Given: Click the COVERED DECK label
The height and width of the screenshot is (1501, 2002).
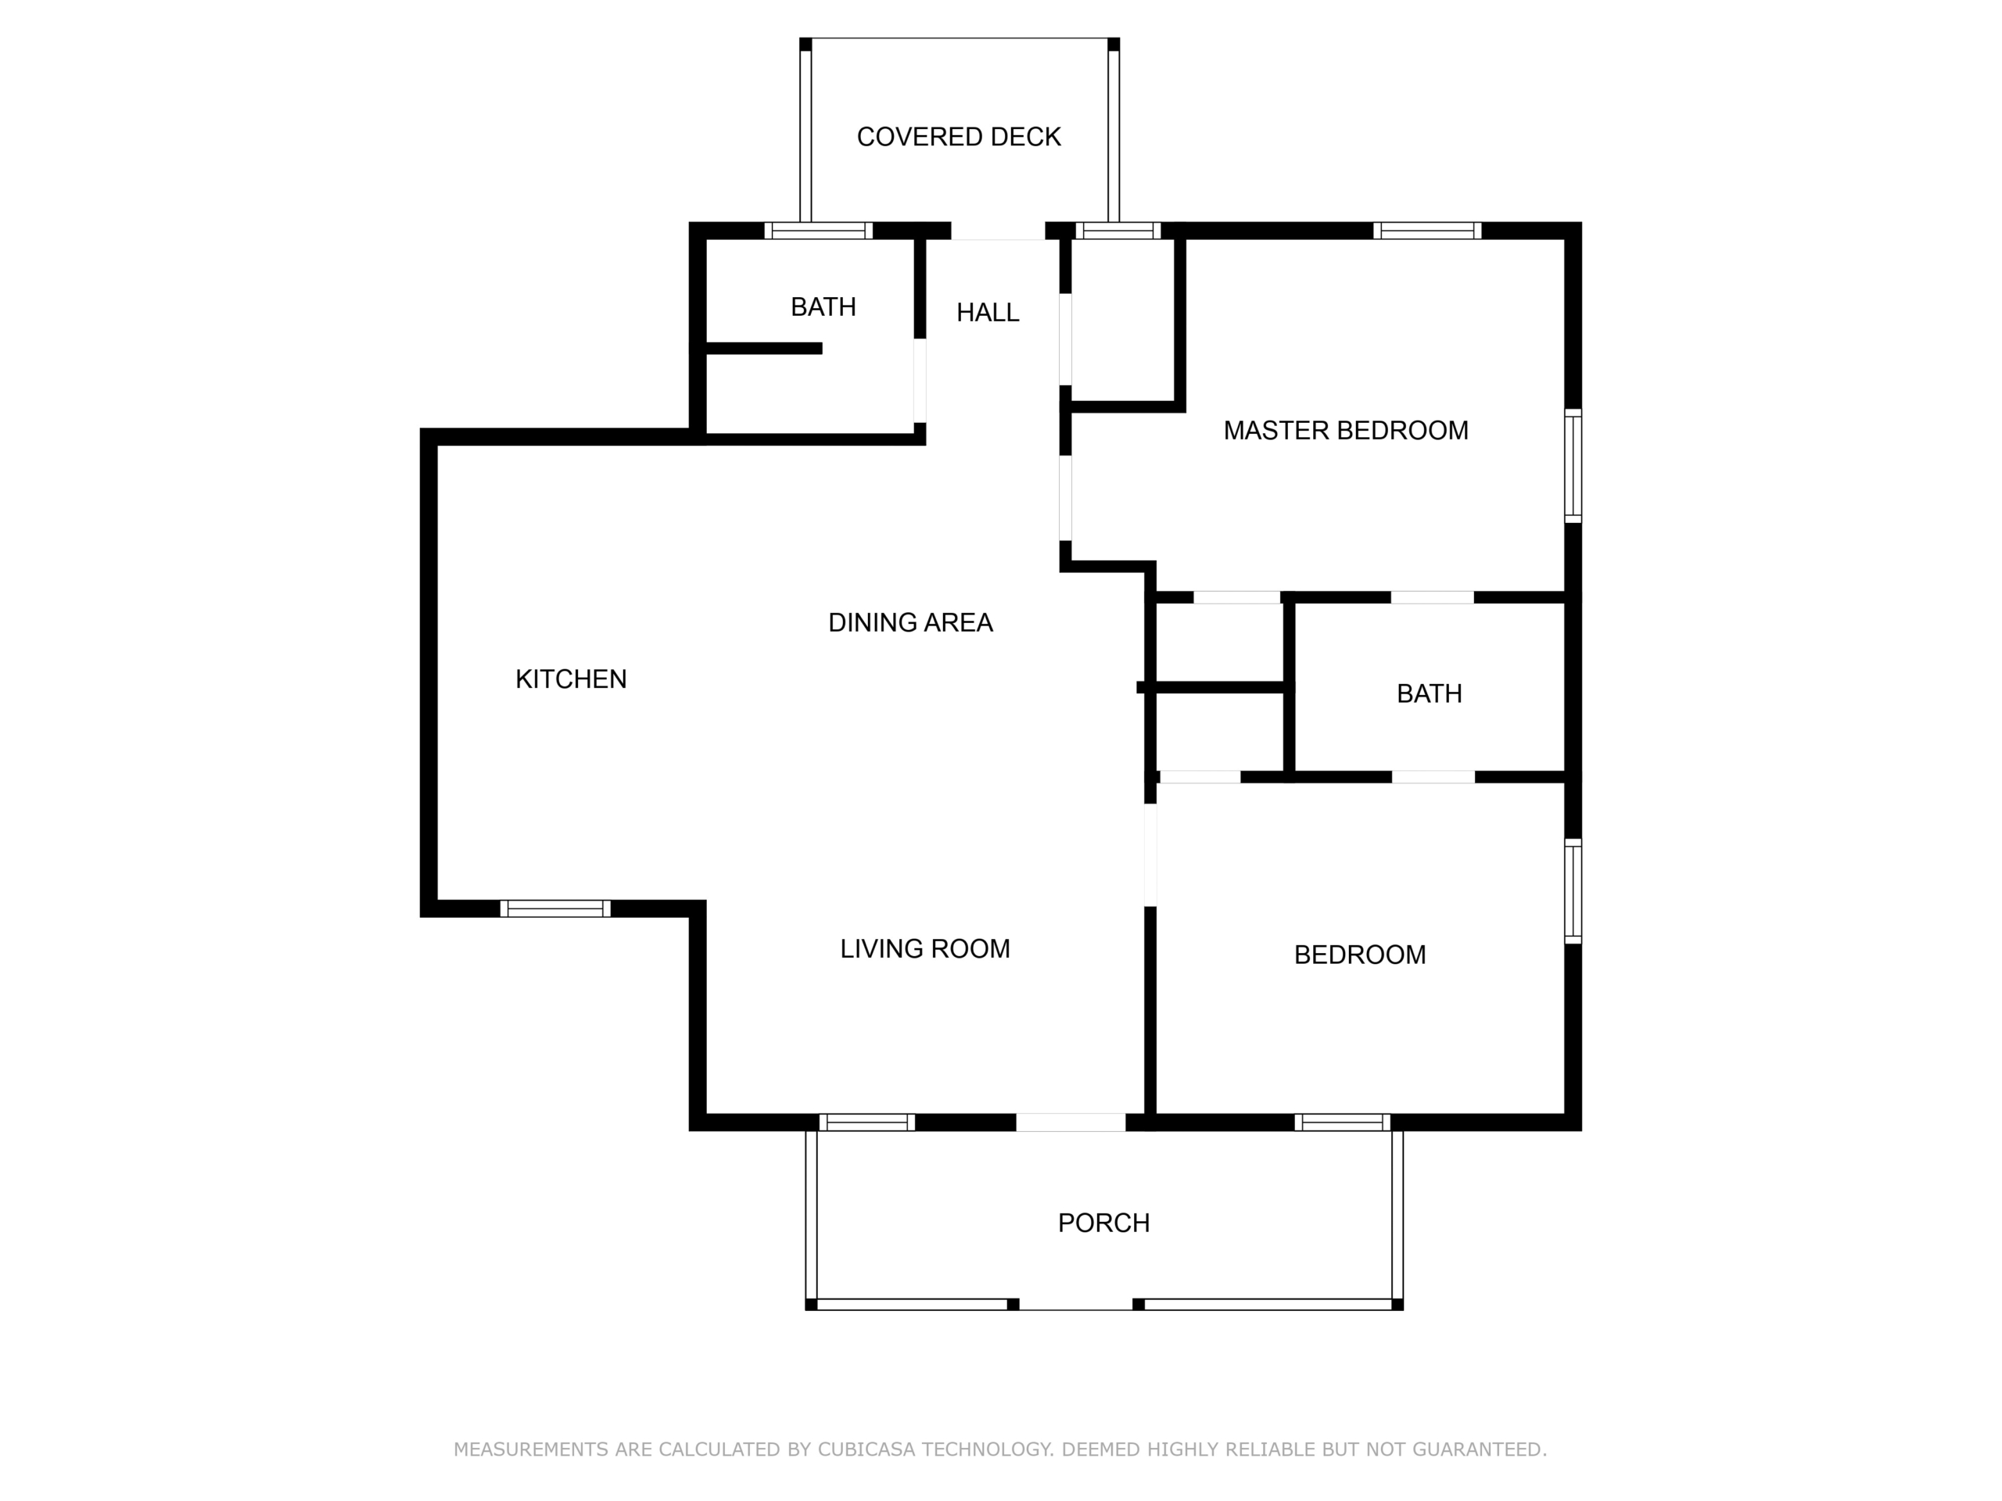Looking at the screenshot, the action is click(x=959, y=137).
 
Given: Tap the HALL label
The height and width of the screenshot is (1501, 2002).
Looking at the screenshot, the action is click(x=988, y=312).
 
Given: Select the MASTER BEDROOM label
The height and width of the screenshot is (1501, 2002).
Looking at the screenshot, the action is click(x=1346, y=431).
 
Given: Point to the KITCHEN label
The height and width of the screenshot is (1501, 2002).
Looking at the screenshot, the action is click(x=571, y=679).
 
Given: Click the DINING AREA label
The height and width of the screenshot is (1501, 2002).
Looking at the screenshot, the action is click(x=910, y=622).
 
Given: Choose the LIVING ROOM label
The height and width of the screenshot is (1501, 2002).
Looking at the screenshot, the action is click(x=925, y=949).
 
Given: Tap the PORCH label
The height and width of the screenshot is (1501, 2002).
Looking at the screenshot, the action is click(x=1104, y=1223).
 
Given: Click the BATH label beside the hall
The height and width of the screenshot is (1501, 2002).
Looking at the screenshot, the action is click(x=823, y=307).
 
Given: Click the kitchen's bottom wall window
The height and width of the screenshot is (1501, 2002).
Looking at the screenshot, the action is click(x=556, y=908).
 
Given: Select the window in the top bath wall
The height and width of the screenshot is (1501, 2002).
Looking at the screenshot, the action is click(x=819, y=231).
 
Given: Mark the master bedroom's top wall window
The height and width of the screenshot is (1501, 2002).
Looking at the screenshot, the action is click(x=1427, y=231).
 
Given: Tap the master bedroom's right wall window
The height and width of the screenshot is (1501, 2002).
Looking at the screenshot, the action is click(x=1574, y=466).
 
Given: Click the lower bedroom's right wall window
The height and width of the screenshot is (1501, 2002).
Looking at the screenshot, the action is click(x=1574, y=891).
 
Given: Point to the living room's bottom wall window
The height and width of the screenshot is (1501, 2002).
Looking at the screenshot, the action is click(x=867, y=1123).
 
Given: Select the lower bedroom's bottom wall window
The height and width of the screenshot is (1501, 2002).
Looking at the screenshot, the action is click(x=1342, y=1123).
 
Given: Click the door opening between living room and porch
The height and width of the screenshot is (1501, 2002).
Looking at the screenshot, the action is click(x=1071, y=1123).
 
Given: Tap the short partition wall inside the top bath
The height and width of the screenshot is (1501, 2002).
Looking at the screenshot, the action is click(x=764, y=349).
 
